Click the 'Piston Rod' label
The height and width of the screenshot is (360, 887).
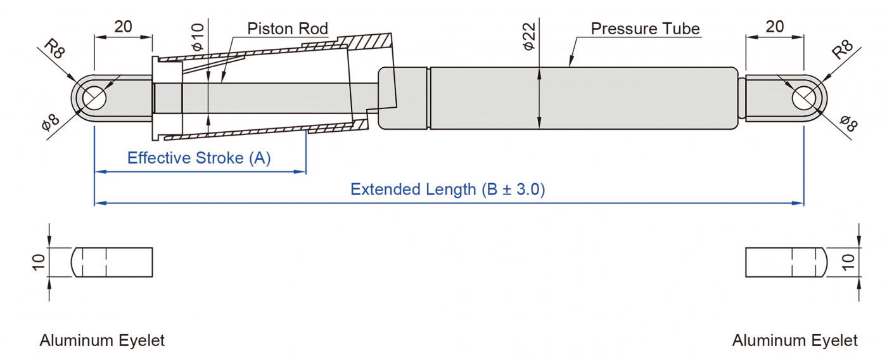pyautogui.click(x=288, y=29)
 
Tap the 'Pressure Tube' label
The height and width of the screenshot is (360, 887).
pyautogui.click(x=645, y=29)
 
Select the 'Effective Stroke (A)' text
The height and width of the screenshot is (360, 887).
pyautogui.click(x=199, y=158)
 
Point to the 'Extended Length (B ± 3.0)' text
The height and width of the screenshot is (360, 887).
pyautogui.click(x=448, y=189)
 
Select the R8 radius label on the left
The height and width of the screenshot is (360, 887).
pyautogui.click(x=55, y=49)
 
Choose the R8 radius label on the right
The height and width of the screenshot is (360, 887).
pyautogui.click(x=843, y=49)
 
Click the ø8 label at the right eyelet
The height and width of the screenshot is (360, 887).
pyautogui.click(x=847, y=122)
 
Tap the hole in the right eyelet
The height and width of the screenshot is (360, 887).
pyautogui.click(x=804, y=98)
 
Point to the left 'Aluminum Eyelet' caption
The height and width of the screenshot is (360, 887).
pyautogui.click(x=102, y=340)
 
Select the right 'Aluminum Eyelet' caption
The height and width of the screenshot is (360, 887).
pyautogui.click(x=794, y=340)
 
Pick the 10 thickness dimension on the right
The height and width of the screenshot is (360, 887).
pyautogui.click(x=850, y=262)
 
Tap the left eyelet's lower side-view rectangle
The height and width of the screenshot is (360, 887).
pyautogui.click(x=112, y=262)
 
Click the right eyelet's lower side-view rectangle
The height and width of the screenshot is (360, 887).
pyautogui.click(x=786, y=262)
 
